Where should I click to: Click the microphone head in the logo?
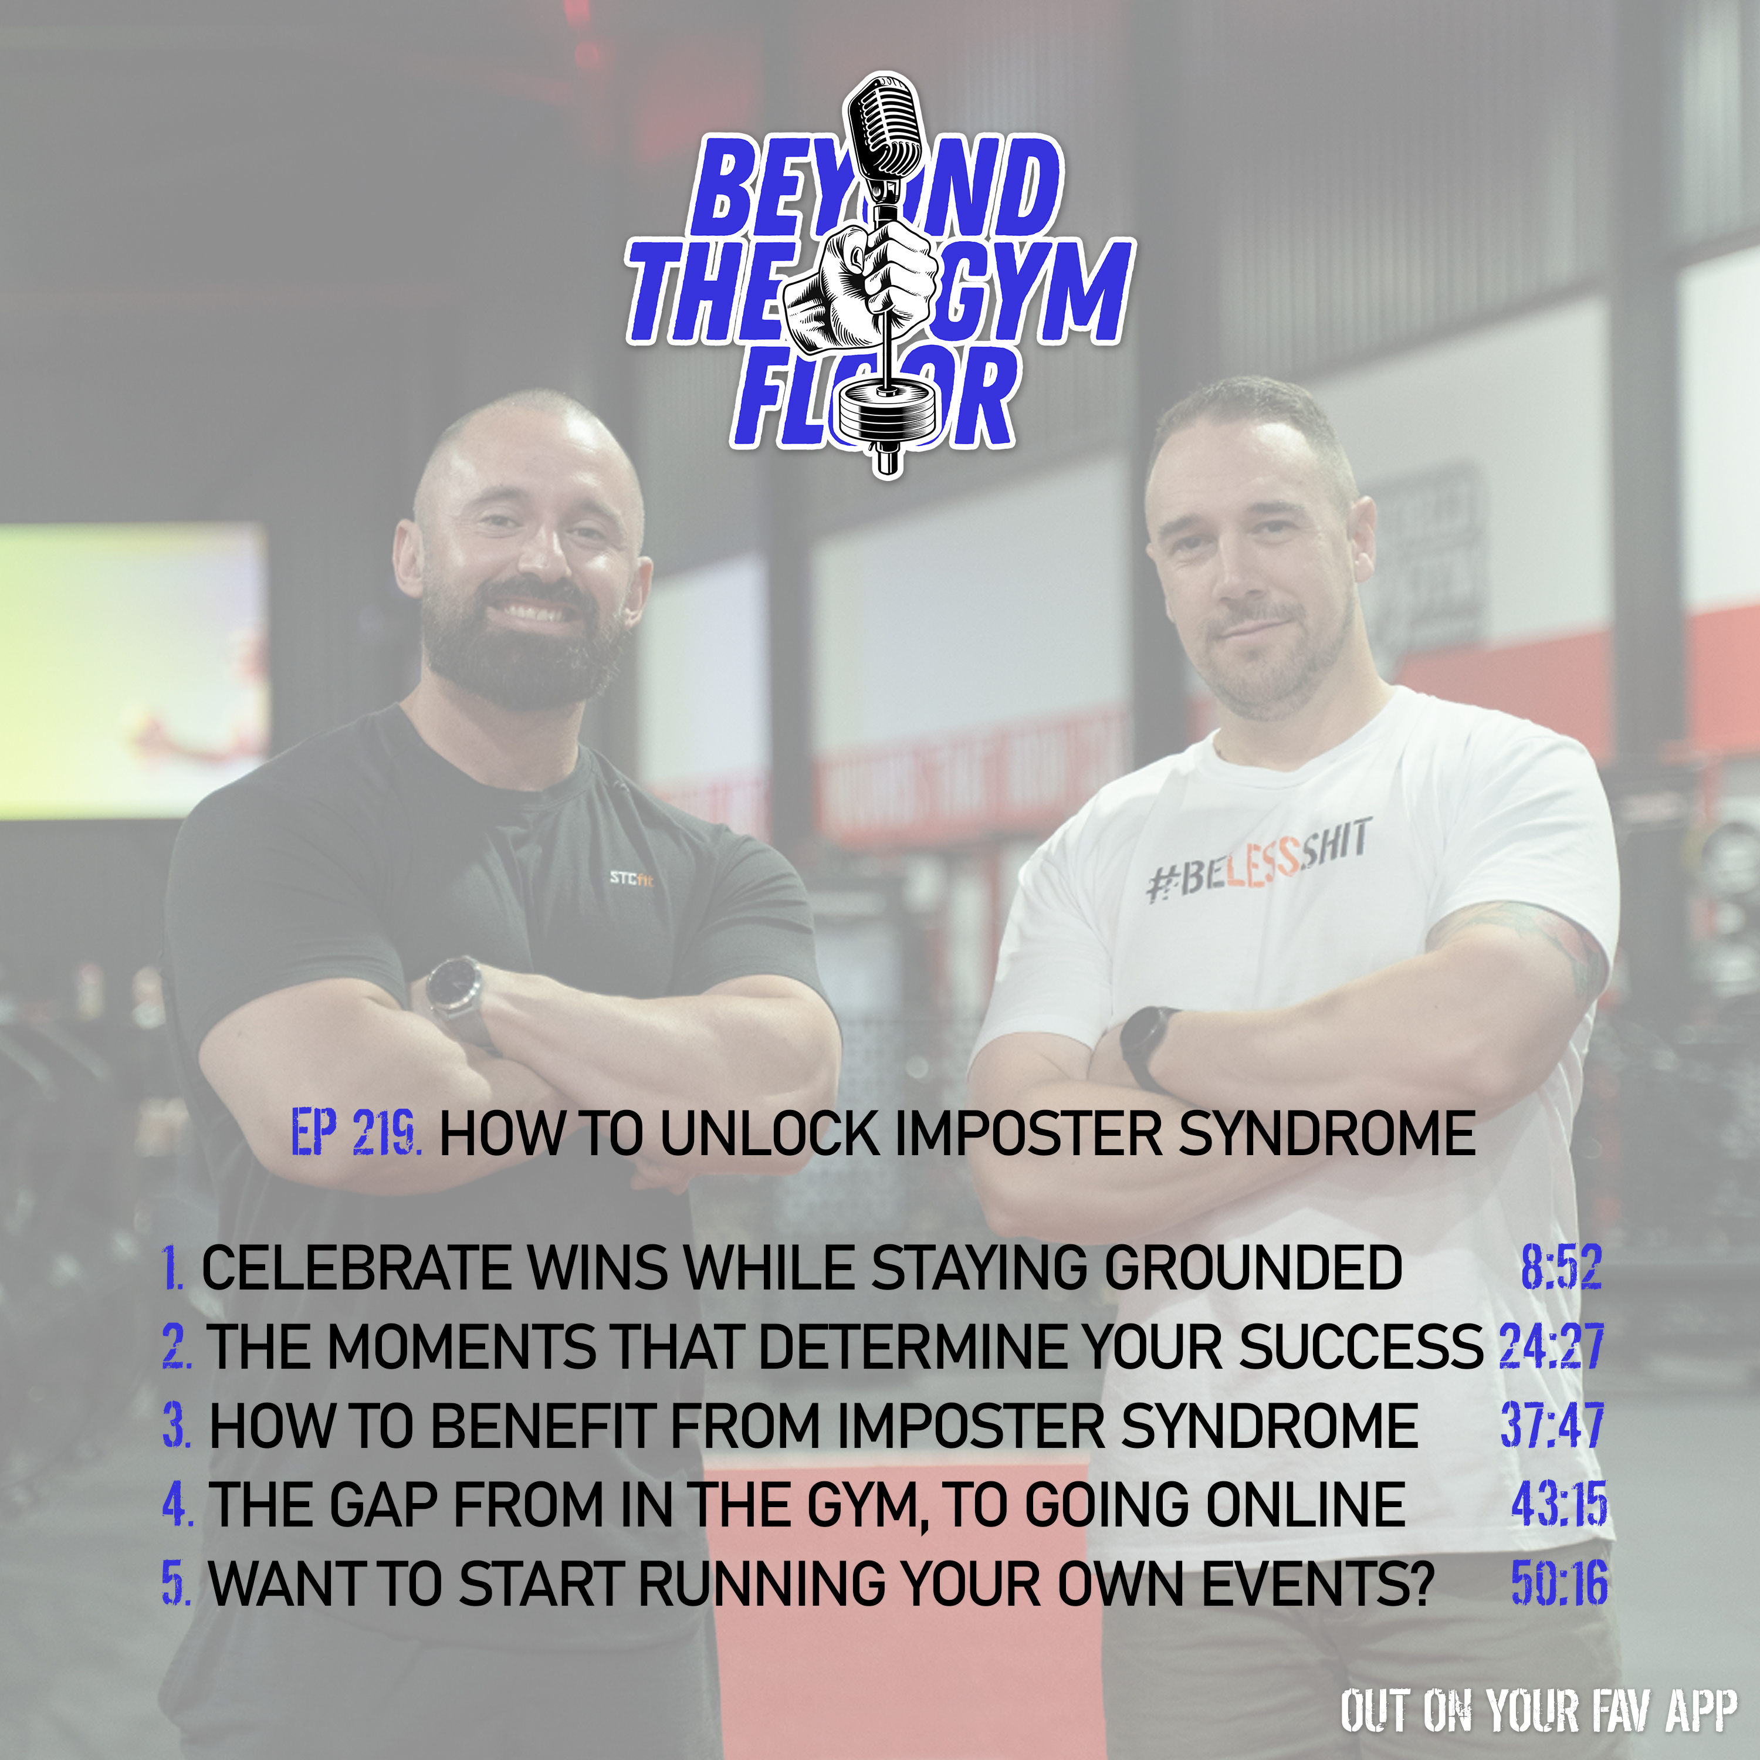click(x=882, y=127)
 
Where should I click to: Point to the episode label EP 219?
click(x=356, y=1134)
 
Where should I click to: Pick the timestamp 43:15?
click(x=1559, y=1504)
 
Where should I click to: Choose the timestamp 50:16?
click(x=1559, y=1583)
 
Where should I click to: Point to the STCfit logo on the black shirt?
click(x=631, y=878)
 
